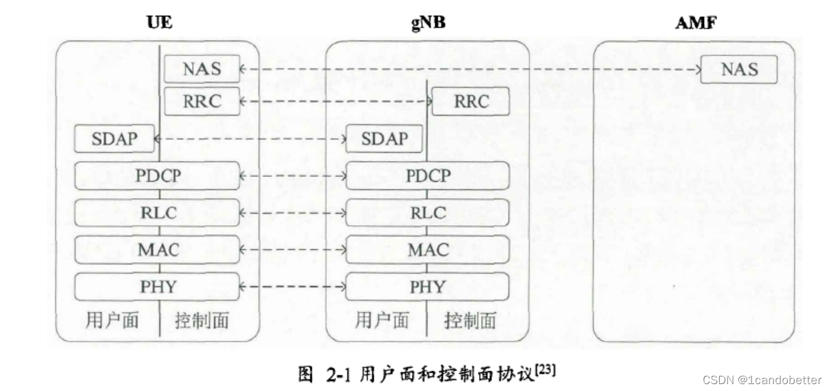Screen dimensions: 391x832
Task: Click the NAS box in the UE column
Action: (202, 69)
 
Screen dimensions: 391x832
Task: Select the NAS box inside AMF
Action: (739, 69)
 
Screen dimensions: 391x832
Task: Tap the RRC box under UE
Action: (202, 101)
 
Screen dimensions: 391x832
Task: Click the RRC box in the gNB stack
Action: (471, 102)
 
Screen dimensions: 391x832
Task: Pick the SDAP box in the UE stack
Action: (114, 139)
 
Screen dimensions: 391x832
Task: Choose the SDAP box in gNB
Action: (384, 139)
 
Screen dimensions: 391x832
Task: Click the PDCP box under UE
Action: (158, 176)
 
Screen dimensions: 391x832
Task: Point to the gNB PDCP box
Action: (427, 176)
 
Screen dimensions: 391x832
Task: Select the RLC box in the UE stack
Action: (158, 212)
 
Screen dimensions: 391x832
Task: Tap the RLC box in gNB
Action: (427, 212)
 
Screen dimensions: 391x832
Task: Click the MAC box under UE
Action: (158, 249)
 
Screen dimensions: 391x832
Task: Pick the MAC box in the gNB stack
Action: (427, 249)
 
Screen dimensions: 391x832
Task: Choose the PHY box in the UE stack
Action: (158, 286)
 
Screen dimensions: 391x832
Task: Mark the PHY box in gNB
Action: (427, 286)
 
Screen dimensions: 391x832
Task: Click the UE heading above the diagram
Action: (159, 21)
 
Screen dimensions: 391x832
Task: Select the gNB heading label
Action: (427, 21)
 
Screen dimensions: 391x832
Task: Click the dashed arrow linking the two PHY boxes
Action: (292, 286)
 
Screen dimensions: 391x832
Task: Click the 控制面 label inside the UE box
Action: (202, 321)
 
